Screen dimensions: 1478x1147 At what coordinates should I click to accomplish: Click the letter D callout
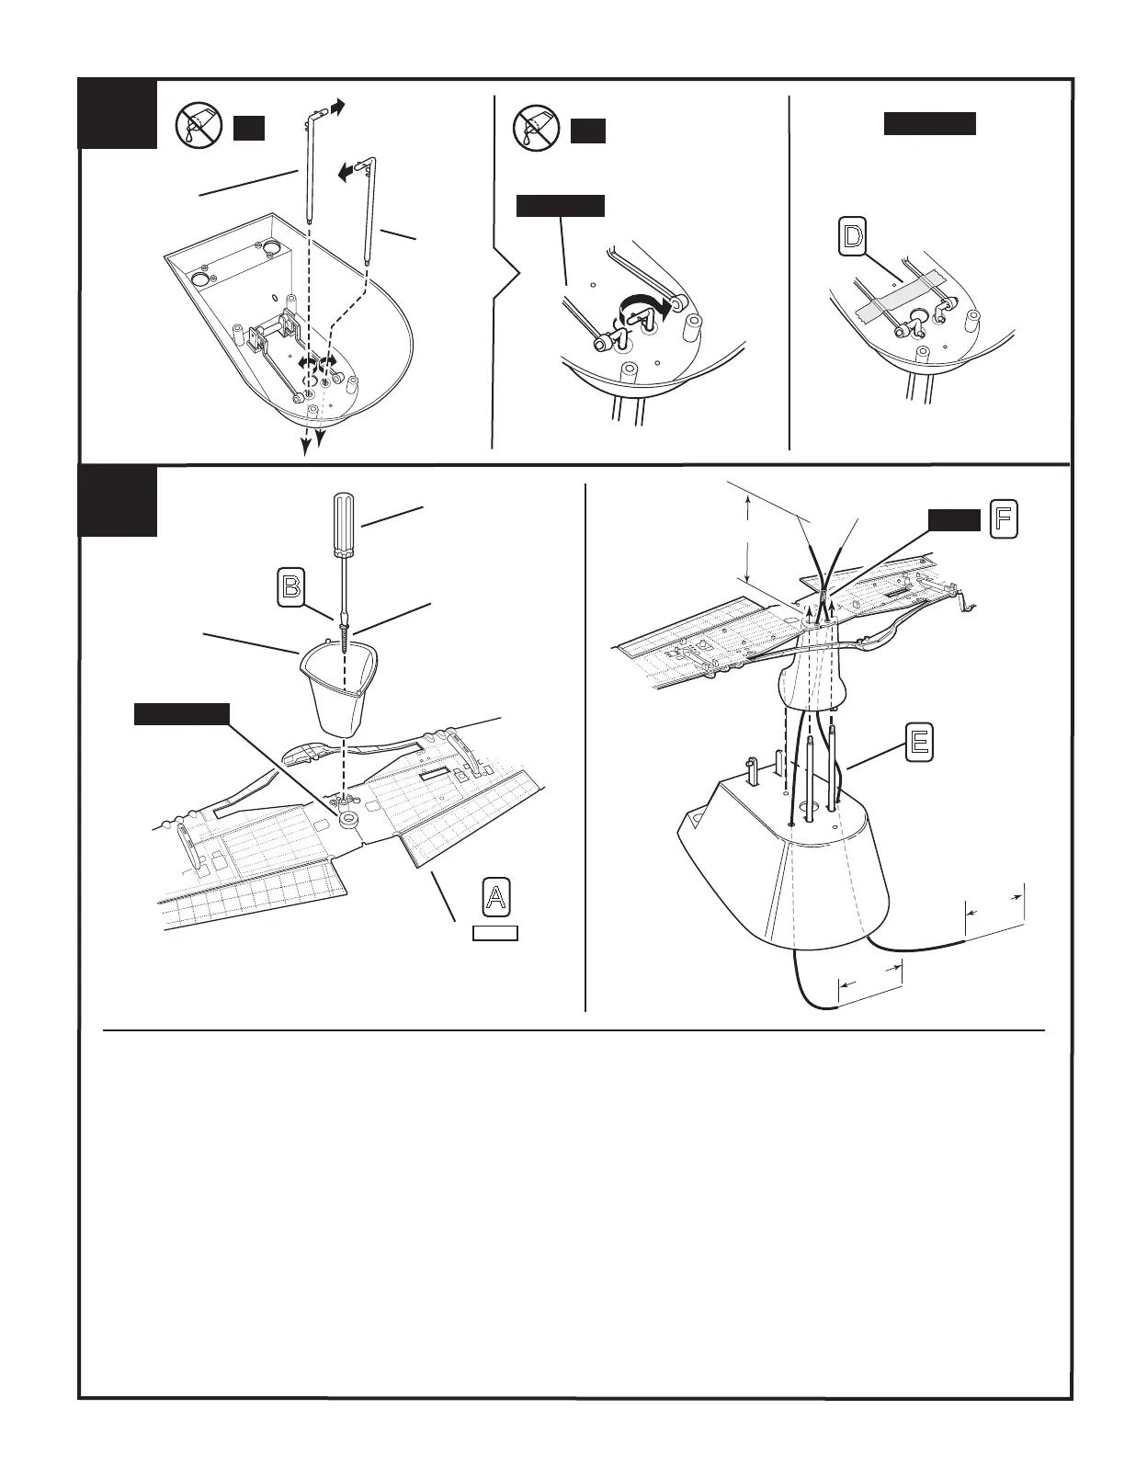pyautogui.click(x=854, y=237)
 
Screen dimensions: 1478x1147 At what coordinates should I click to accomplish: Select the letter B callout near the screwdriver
pyautogui.click(x=291, y=586)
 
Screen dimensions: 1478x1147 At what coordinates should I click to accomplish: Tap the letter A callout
pyautogui.click(x=496, y=896)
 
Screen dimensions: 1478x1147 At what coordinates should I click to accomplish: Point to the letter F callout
pyautogui.click(x=1003, y=520)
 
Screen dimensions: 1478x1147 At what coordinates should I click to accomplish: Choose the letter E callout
pyautogui.click(x=918, y=742)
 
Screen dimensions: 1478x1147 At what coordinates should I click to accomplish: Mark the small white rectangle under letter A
pyautogui.click(x=494, y=934)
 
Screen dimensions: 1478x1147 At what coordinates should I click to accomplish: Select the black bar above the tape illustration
pyautogui.click(x=929, y=124)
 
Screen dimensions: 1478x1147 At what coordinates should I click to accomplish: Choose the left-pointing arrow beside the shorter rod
pyautogui.click(x=345, y=172)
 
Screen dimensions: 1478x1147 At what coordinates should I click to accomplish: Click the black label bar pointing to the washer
pyautogui.click(x=181, y=714)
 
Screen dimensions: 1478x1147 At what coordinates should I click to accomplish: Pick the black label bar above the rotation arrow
pyautogui.click(x=560, y=205)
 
